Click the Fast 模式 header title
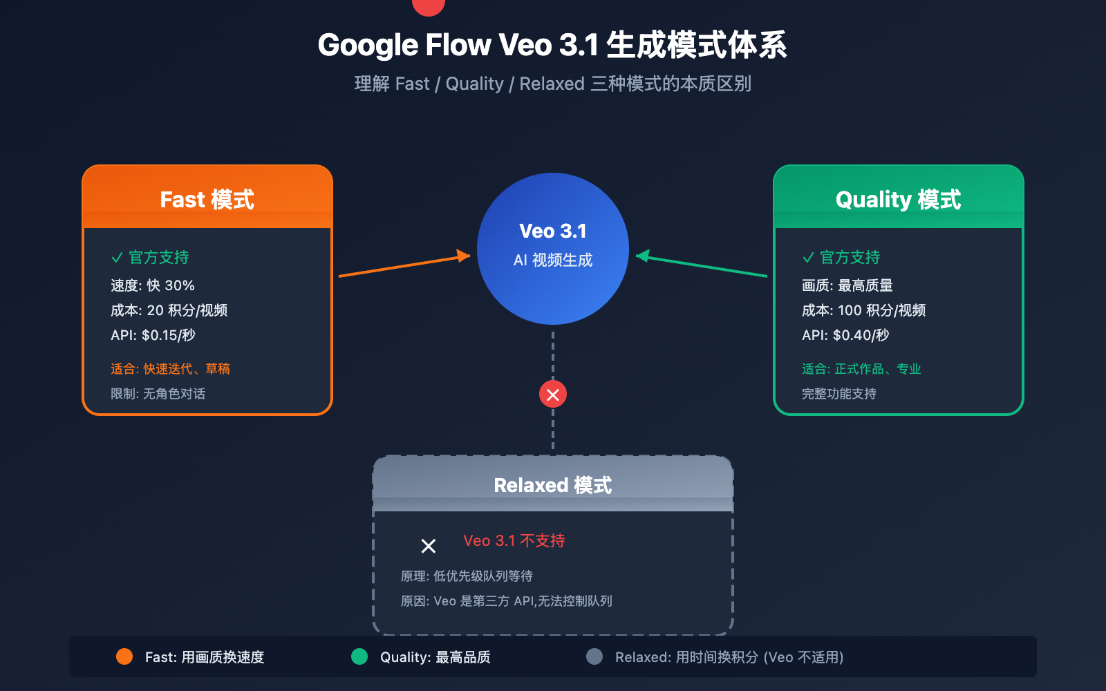click(207, 200)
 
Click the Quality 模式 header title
click(898, 200)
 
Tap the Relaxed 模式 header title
click(552, 485)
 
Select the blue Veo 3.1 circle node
click(552, 248)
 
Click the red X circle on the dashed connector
click(552, 395)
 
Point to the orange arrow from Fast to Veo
click(404, 266)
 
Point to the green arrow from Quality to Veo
click(702, 266)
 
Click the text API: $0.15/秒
click(153, 335)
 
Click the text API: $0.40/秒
click(845, 335)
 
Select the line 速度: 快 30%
click(152, 285)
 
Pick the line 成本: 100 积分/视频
click(863, 310)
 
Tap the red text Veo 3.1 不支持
click(514, 541)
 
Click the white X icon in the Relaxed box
click(429, 546)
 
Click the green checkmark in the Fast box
click(117, 258)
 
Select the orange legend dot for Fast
click(124, 656)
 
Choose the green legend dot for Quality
click(359, 656)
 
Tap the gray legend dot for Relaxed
click(594, 656)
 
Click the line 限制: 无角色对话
click(158, 394)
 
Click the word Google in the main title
click(368, 46)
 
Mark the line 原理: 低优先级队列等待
click(467, 576)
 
